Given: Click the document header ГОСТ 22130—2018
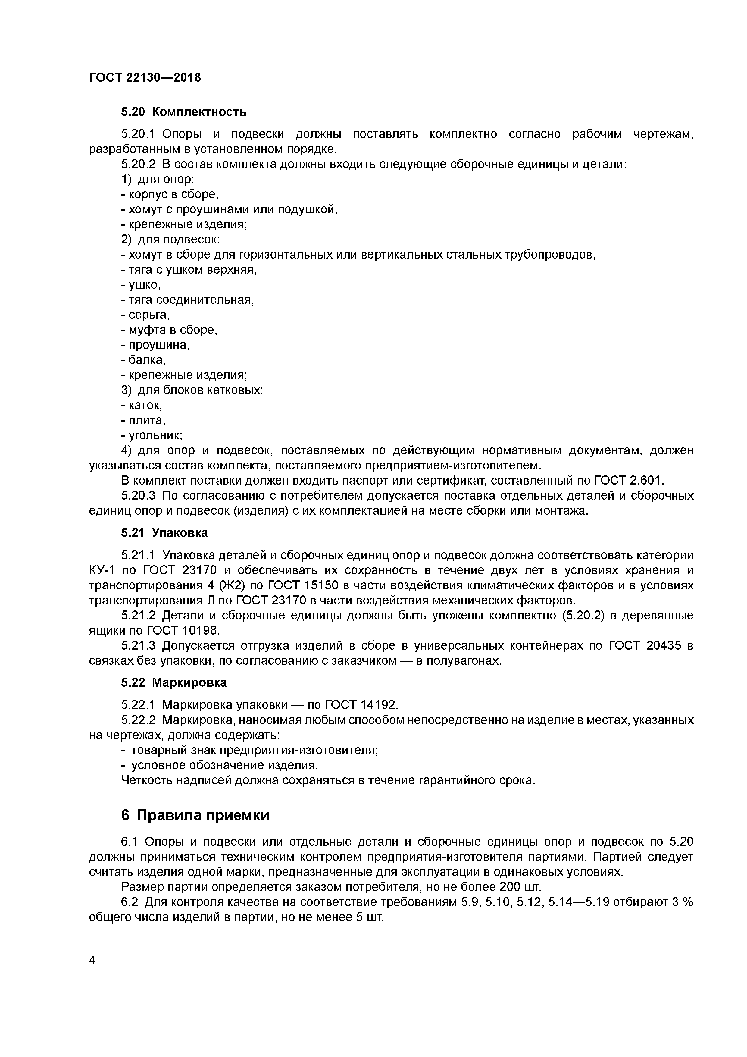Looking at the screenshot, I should [x=145, y=77].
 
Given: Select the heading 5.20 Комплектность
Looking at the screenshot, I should [x=184, y=112].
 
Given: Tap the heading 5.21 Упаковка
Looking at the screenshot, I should [x=164, y=533].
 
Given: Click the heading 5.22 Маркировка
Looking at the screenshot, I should [x=174, y=682].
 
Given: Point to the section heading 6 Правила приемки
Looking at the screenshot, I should [x=195, y=815].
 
